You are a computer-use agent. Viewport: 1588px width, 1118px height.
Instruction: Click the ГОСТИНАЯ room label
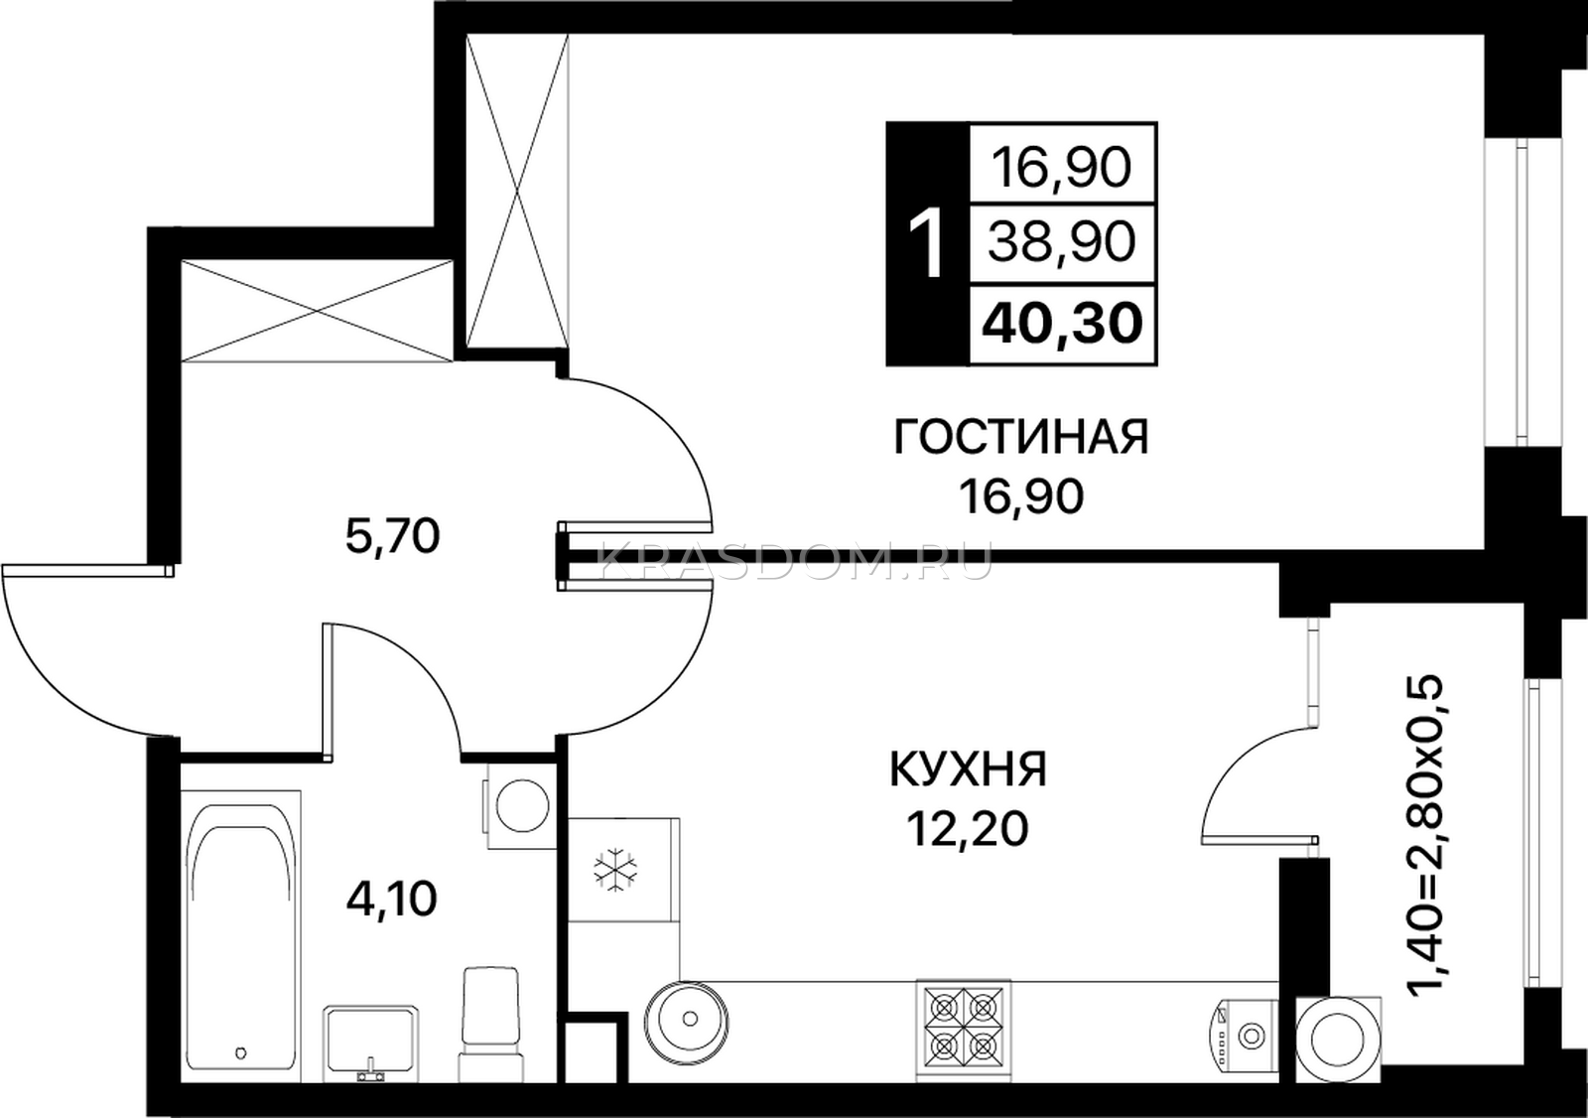click(1021, 436)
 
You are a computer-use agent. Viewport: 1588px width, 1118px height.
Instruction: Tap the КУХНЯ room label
click(969, 769)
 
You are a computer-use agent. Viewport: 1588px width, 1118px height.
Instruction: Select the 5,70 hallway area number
click(393, 536)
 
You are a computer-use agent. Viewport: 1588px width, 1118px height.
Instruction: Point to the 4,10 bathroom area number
click(391, 900)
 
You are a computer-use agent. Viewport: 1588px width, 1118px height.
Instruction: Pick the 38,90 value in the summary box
click(1062, 242)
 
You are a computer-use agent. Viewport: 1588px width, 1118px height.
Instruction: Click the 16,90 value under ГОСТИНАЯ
click(1021, 495)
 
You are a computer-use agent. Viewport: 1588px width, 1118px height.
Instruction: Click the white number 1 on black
click(926, 243)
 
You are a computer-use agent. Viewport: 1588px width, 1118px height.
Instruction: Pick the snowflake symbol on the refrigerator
click(614, 869)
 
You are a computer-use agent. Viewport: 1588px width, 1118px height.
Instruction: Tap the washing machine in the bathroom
click(519, 806)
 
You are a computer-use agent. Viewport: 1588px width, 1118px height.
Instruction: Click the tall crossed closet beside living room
click(517, 192)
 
